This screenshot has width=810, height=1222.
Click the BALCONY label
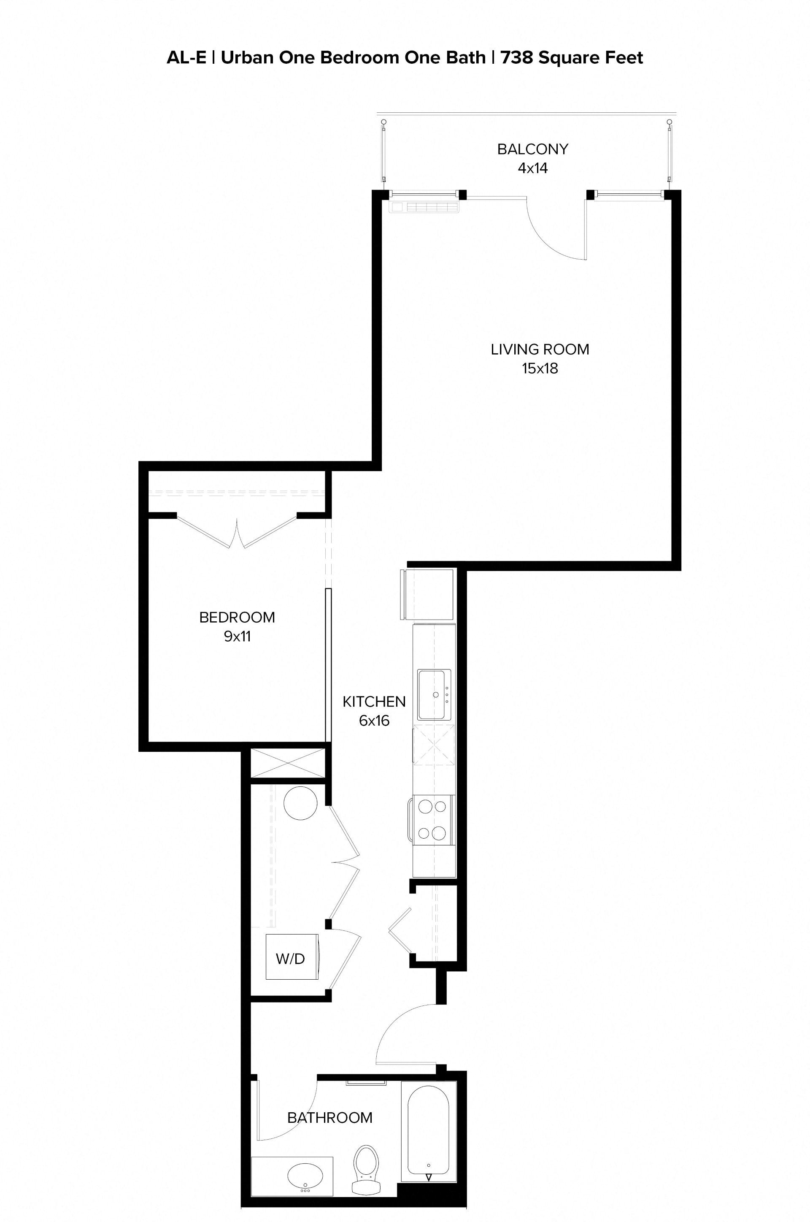(532, 149)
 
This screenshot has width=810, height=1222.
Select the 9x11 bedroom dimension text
(237, 636)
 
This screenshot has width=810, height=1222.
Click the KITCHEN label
(374, 701)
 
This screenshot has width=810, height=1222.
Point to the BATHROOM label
(329, 1118)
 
